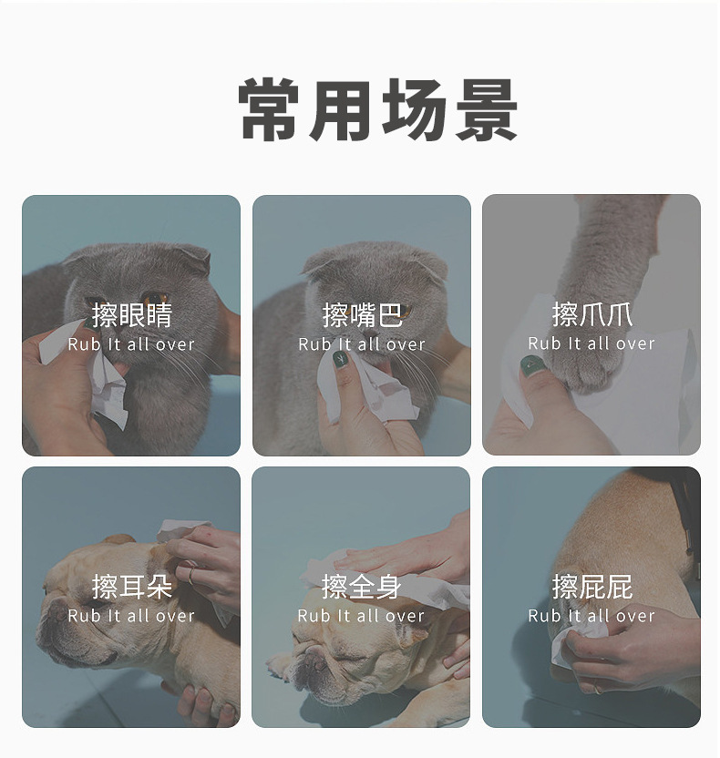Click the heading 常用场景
[377, 109]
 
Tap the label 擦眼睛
[131, 315]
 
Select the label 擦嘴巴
[362, 315]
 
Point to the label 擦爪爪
[591, 314]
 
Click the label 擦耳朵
[131, 587]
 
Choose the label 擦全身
[361, 587]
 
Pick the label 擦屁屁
[591, 587]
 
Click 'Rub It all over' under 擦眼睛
[131, 344]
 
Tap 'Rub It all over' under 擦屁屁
[591, 616]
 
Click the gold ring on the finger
[191, 575]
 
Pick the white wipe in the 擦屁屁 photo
[577, 638]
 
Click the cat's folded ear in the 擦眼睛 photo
[193, 257]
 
